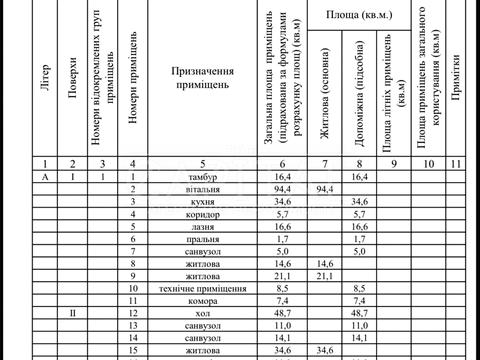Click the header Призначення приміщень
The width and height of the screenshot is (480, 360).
(201, 78)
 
